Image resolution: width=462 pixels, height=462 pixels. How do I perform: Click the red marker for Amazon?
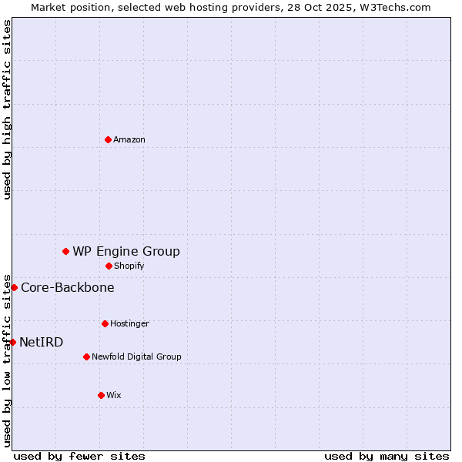pos(108,139)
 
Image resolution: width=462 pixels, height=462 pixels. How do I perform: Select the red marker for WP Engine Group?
pos(65,251)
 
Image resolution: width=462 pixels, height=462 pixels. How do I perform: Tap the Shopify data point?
pos(109,266)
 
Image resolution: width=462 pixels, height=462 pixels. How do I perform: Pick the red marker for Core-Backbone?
pos(14,287)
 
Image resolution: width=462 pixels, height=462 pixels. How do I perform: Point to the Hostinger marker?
pos(105,323)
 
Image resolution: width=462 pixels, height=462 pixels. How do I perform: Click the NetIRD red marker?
pos(12,342)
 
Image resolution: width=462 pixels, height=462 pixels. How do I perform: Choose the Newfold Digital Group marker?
pos(86,357)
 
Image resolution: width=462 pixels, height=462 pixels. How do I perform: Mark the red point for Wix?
pos(101,395)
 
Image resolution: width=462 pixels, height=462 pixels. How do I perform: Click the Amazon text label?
pos(129,139)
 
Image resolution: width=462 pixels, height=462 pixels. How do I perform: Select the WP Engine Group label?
pos(126,251)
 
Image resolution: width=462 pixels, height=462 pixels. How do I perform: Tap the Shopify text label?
pos(129,266)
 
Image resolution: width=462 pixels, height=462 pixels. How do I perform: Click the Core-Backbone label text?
pos(68,287)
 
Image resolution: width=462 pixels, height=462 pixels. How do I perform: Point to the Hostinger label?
pos(129,323)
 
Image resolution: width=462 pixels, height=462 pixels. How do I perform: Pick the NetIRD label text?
pos(42,342)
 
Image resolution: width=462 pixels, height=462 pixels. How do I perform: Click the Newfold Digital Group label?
pos(136,357)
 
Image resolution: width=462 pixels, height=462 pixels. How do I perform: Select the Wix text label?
pos(114,395)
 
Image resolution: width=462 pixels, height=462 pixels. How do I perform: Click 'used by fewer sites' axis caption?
pos(79,456)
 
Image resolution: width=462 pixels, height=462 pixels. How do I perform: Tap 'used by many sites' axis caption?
pos(387,456)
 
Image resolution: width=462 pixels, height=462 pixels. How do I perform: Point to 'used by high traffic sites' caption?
pos(7,109)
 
